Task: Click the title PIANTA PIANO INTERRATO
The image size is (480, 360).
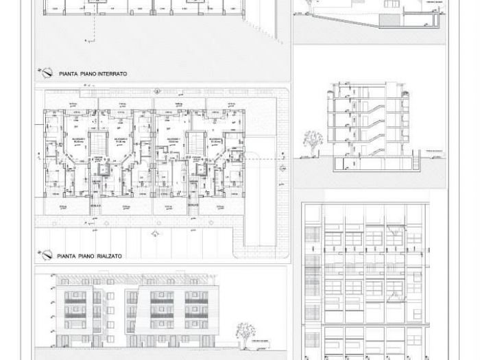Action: click(93, 73)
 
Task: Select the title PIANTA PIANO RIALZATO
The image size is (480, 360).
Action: click(90, 256)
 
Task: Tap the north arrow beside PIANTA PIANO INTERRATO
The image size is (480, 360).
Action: click(46, 71)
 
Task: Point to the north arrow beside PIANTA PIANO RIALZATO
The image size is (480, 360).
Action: click(46, 254)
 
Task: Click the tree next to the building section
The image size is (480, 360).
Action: click(313, 141)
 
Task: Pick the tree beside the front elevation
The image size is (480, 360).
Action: click(242, 334)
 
